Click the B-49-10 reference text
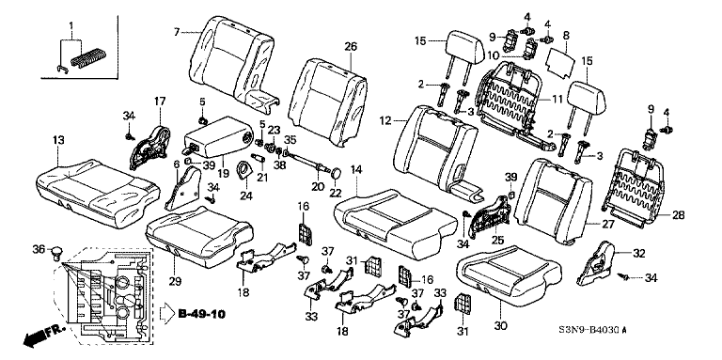click(202, 315)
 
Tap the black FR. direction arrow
click(45, 337)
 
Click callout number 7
click(177, 32)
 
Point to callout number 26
click(351, 46)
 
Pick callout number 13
click(58, 139)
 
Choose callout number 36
click(39, 249)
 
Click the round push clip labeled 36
click(57, 253)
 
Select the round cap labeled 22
click(337, 173)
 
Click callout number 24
click(245, 196)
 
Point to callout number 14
click(356, 169)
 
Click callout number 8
click(566, 35)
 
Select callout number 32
click(639, 253)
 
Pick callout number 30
click(500, 325)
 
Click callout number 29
click(175, 281)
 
